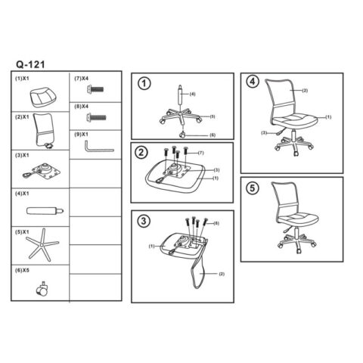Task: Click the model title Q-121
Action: point(30,64)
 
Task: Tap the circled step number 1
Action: point(144,83)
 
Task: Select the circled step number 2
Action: point(141,153)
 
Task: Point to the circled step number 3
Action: point(144,221)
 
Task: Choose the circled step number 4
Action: point(253,82)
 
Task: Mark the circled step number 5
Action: point(253,188)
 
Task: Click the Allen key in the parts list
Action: point(99,147)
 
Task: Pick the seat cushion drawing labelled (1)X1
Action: point(43,98)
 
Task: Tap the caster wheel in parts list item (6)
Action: point(42,289)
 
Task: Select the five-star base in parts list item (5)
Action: point(42,244)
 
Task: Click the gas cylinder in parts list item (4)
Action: point(45,211)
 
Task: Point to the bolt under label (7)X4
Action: point(95,88)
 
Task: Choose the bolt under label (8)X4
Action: point(96,117)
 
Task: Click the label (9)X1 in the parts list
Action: point(81,134)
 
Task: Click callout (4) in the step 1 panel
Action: point(192,94)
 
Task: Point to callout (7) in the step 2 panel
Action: point(200,153)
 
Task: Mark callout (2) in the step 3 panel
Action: point(222,274)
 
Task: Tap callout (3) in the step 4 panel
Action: point(264,133)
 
